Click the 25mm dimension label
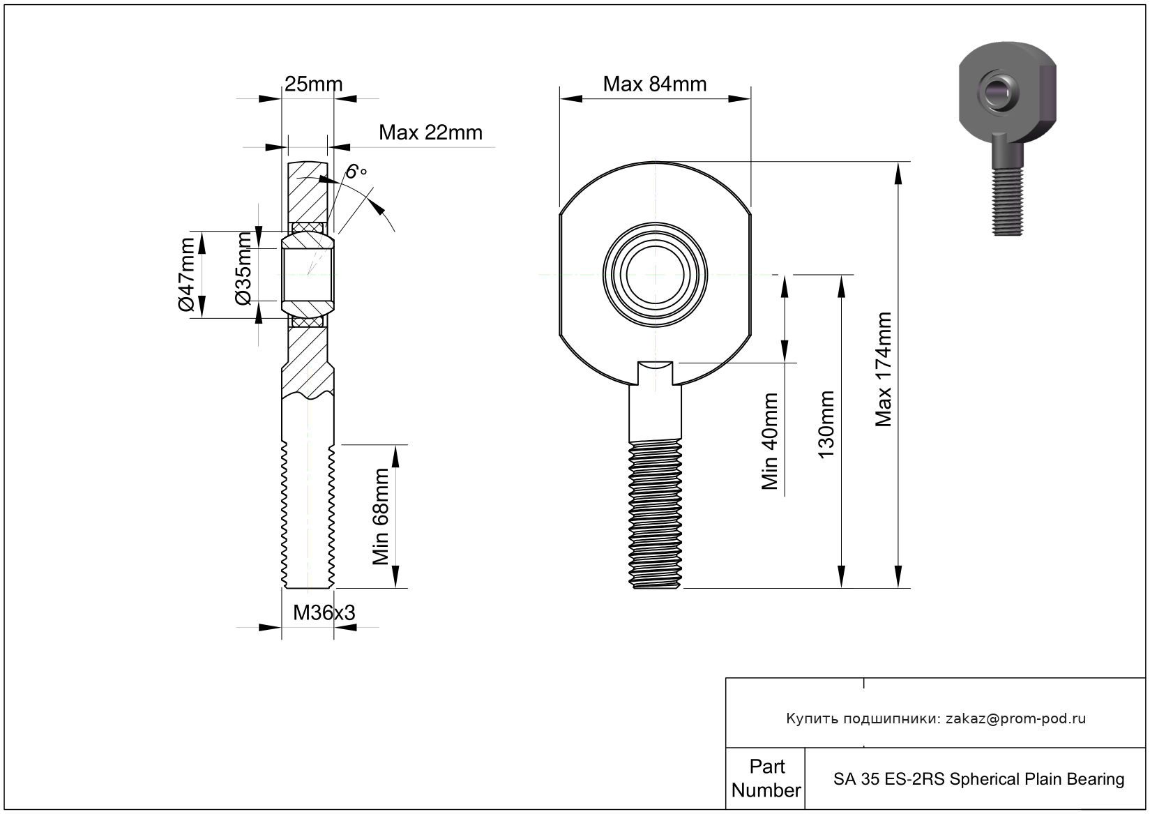pyautogui.click(x=313, y=84)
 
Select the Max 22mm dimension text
pyautogui.click(x=430, y=133)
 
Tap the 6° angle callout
pyautogui.click(x=356, y=171)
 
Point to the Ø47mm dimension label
pyautogui.click(x=186, y=275)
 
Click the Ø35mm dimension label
pyautogui.click(x=243, y=269)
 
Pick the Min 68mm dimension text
pyautogui.click(x=381, y=516)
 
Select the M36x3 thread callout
pyautogui.click(x=324, y=612)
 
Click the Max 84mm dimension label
pyautogui.click(x=654, y=84)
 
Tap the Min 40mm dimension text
pyautogui.click(x=770, y=441)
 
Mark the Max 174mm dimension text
pyautogui.click(x=884, y=369)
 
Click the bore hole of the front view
pyautogui.click(x=656, y=274)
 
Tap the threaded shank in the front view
pyautogui.click(x=656, y=513)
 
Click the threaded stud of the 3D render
pyautogui.click(x=1007, y=202)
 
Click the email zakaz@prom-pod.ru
pyautogui.click(x=1015, y=718)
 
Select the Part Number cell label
pyautogui.click(x=766, y=778)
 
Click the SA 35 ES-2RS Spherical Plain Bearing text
pyautogui.click(x=978, y=779)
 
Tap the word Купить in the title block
pyautogui.click(x=812, y=718)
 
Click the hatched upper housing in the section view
pyautogui.click(x=307, y=195)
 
